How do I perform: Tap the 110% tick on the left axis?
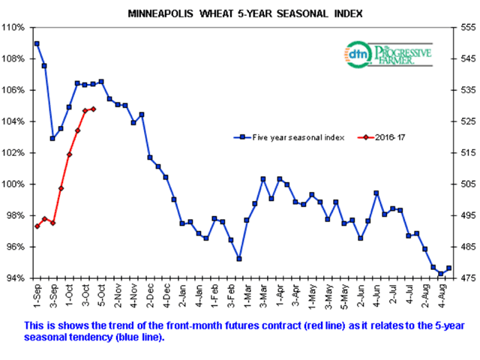tap(13, 28)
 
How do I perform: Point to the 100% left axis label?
tap(13, 184)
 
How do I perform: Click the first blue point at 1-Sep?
tap(37, 43)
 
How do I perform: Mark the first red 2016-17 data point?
tap(37, 226)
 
